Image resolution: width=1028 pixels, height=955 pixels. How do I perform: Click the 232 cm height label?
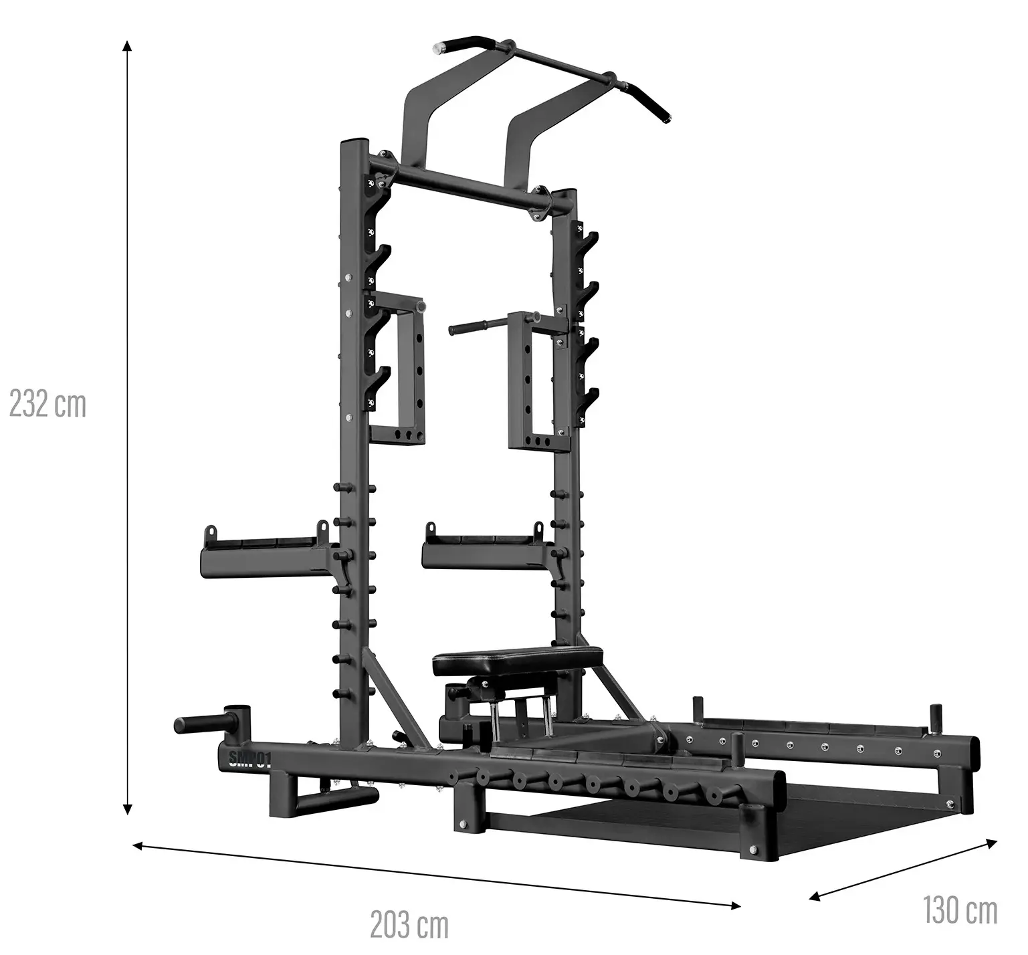pos(47,405)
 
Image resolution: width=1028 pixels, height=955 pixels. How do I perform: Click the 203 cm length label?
pos(409,925)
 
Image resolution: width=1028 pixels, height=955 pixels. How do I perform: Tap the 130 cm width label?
pos(960,910)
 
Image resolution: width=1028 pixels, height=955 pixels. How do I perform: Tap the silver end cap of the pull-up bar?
pos(439,48)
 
